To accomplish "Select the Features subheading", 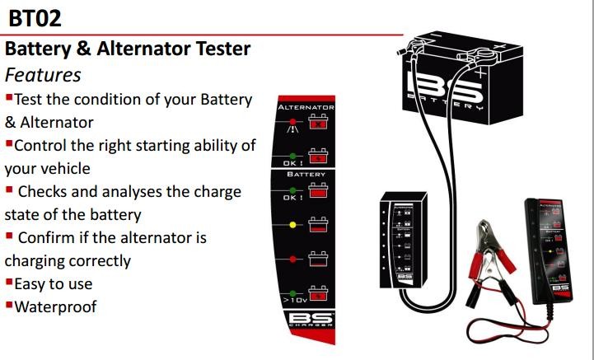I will point(43,74).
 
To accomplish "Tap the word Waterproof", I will point(55,306).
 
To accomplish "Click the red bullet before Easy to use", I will point(7,283).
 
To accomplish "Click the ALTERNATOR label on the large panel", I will point(306,107).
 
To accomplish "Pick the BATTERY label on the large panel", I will point(306,175).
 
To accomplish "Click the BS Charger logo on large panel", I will point(306,320).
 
